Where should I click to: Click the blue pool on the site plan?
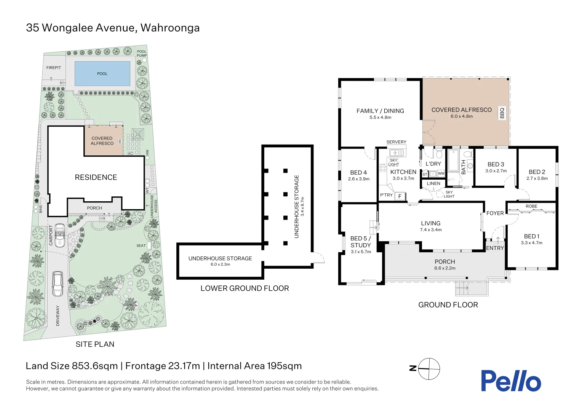[x=102, y=73]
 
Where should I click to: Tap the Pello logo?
[x=510, y=381]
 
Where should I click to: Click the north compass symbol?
[x=429, y=369]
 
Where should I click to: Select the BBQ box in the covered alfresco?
[x=502, y=113]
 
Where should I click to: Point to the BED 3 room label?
[x=496, y=164]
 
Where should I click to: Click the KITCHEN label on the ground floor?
[x=403, y=172]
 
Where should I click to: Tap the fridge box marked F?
[x=400, y=196]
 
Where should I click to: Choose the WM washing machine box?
[x=441, y=174]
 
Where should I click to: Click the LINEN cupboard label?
[x=433, y=183]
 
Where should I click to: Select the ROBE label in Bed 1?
[x=531, y=206]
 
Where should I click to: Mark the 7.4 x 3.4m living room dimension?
[x=431, y=230]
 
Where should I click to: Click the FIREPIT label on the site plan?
[x=54, y=68]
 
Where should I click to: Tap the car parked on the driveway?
[x=58, y=284]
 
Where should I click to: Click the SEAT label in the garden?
[x=141, y=245]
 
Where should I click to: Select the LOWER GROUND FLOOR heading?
[x=245, y=288]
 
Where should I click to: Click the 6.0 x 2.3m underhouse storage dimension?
[x=220, y=264]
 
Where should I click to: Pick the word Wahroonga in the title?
[x=170, y=28]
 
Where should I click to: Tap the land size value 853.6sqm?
[x=94, y=366]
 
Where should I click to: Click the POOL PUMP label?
[x=142, y=53]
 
